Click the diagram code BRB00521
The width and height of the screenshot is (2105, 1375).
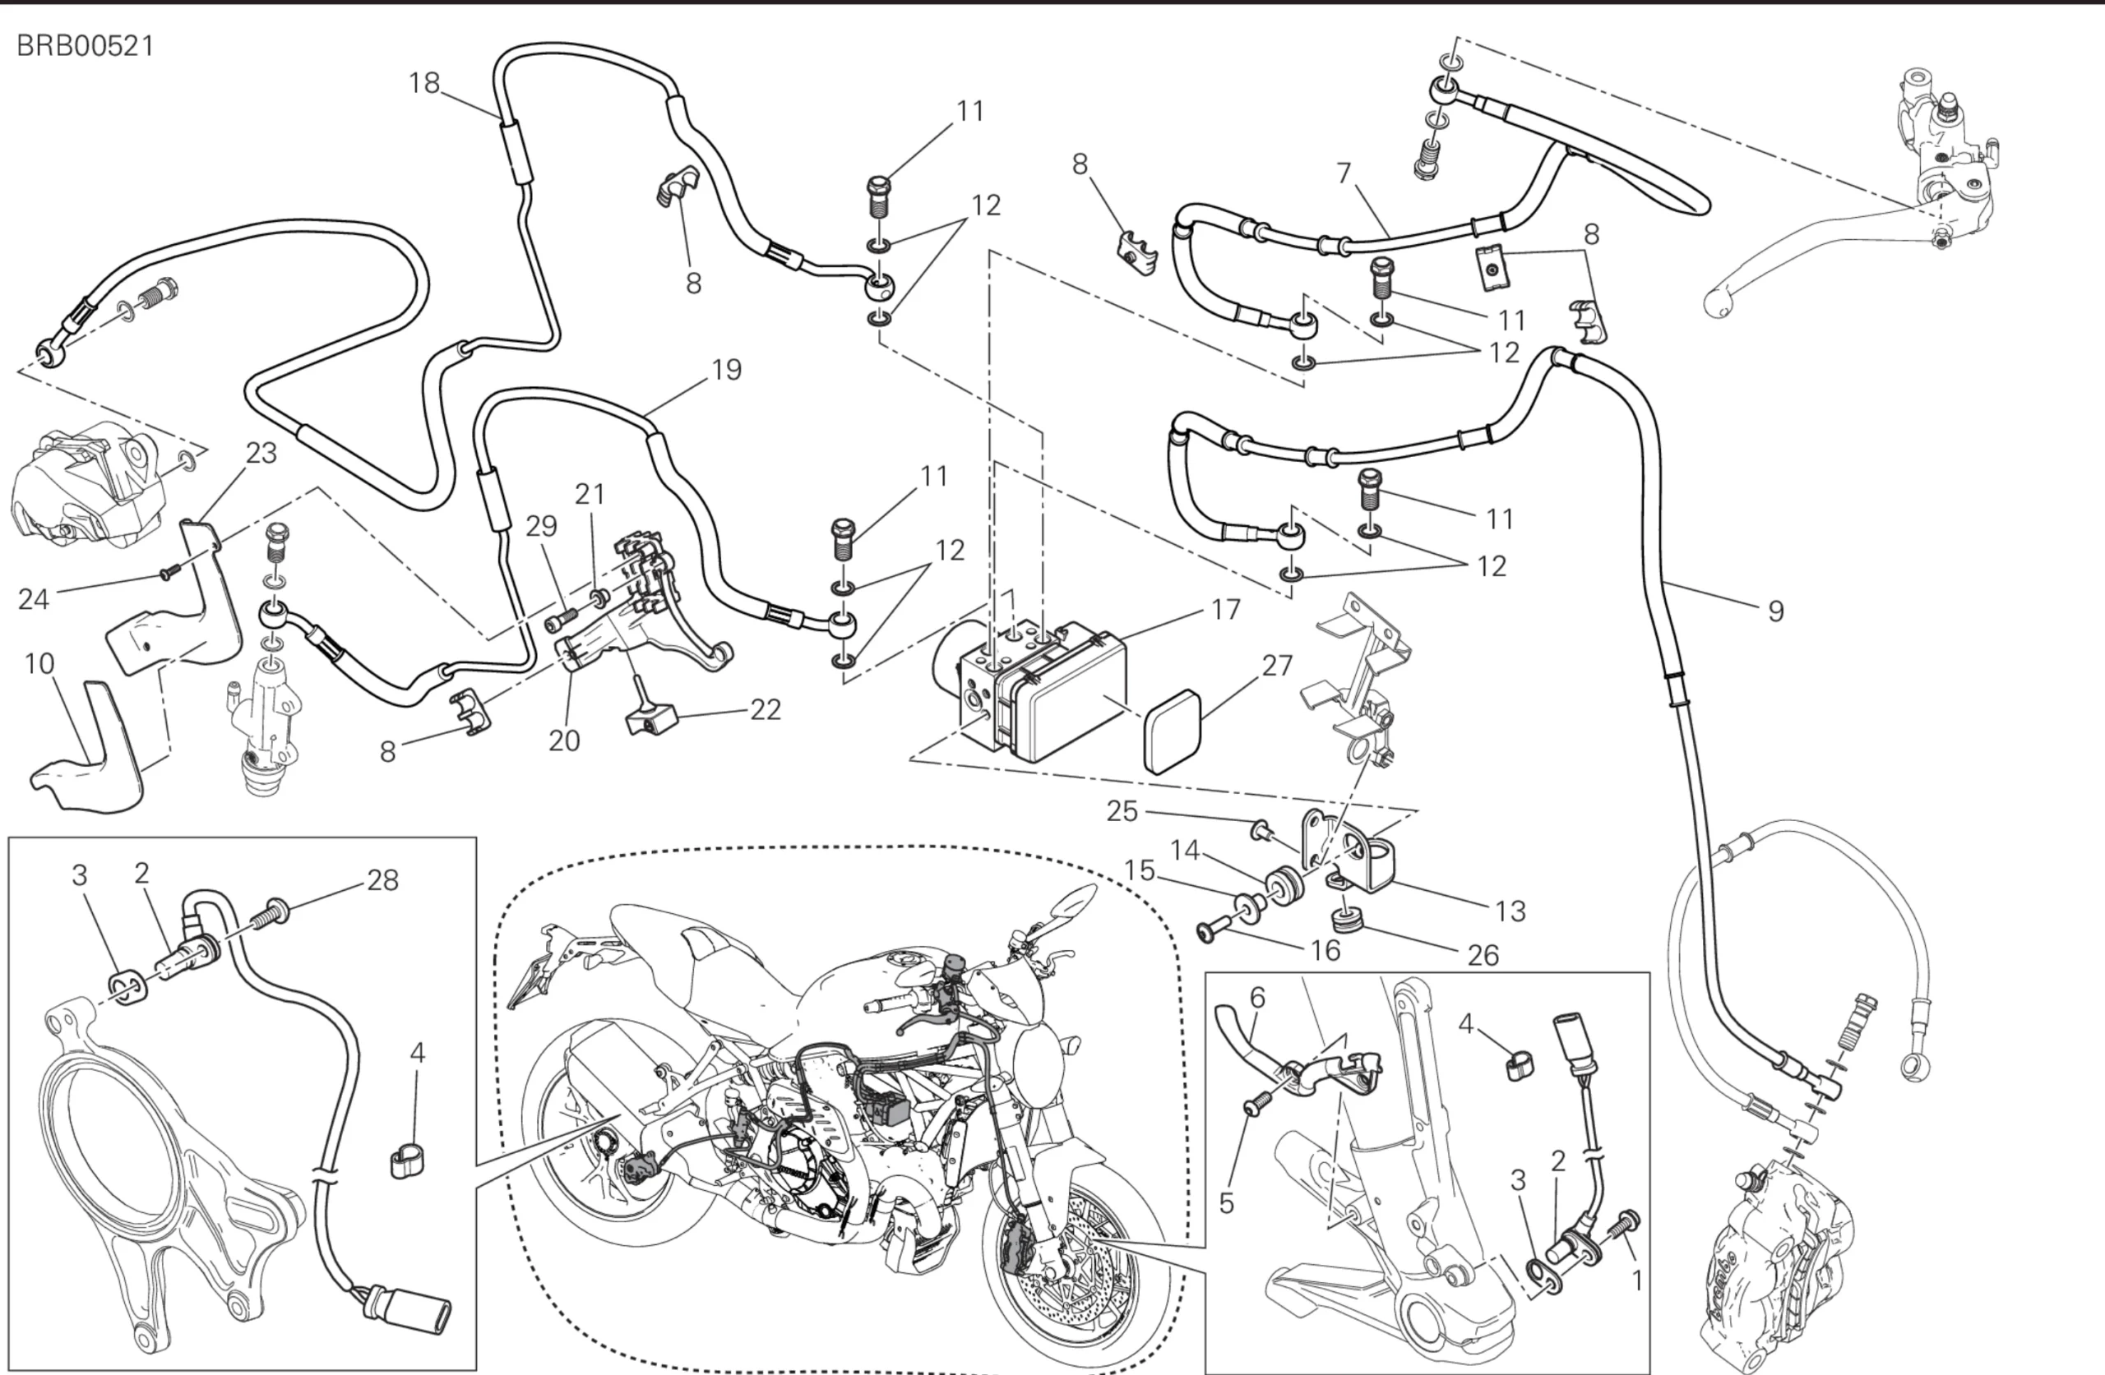pos(86,46)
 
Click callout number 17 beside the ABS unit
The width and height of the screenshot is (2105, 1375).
pos(1225,609)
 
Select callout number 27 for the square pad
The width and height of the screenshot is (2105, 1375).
pos(1277,665)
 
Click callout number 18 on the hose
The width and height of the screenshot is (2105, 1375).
pos(423,83)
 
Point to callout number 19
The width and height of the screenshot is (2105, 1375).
pos(726,370)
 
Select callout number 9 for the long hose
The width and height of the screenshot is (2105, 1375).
pos(1775,611)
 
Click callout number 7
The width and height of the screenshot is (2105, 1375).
pos(1344,173)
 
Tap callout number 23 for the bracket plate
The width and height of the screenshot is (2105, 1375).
pos(261,453)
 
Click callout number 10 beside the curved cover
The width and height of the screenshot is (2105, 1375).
pos(39,663)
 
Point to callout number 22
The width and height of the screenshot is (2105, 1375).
pos(765,709)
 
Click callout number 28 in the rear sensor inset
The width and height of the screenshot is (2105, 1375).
pos(382,880)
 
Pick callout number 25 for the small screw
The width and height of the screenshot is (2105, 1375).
pos(1122,811)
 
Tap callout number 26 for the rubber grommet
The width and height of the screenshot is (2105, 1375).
pos(1483,955)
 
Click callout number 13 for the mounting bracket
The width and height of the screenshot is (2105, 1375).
pos(1510,911)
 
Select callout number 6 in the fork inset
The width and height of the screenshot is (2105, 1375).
pos(1256,998)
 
